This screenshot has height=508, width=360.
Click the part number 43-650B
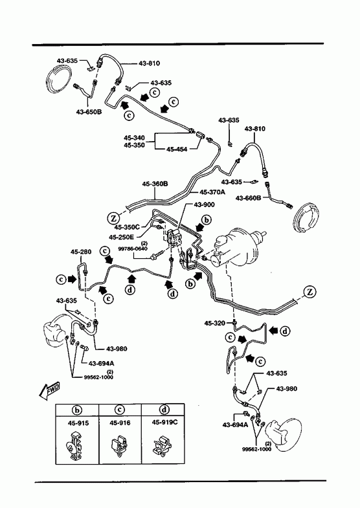89,112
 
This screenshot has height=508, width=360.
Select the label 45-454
177,149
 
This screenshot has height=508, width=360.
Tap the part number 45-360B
155,184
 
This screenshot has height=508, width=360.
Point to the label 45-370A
212,192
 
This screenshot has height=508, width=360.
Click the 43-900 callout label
204,204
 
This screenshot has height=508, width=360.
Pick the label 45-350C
127,227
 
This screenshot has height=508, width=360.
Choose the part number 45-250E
122,237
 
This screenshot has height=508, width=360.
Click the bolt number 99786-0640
133,248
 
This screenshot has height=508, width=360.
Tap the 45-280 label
81,252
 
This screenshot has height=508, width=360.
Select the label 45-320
214,323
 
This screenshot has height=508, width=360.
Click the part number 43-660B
248,197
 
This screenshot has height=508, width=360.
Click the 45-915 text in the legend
78,423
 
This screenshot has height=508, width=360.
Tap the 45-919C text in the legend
164,423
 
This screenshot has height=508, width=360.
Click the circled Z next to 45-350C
113,218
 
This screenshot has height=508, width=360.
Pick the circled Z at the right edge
310,292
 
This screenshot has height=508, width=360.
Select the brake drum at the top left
59,81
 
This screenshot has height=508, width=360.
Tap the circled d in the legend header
164,410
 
